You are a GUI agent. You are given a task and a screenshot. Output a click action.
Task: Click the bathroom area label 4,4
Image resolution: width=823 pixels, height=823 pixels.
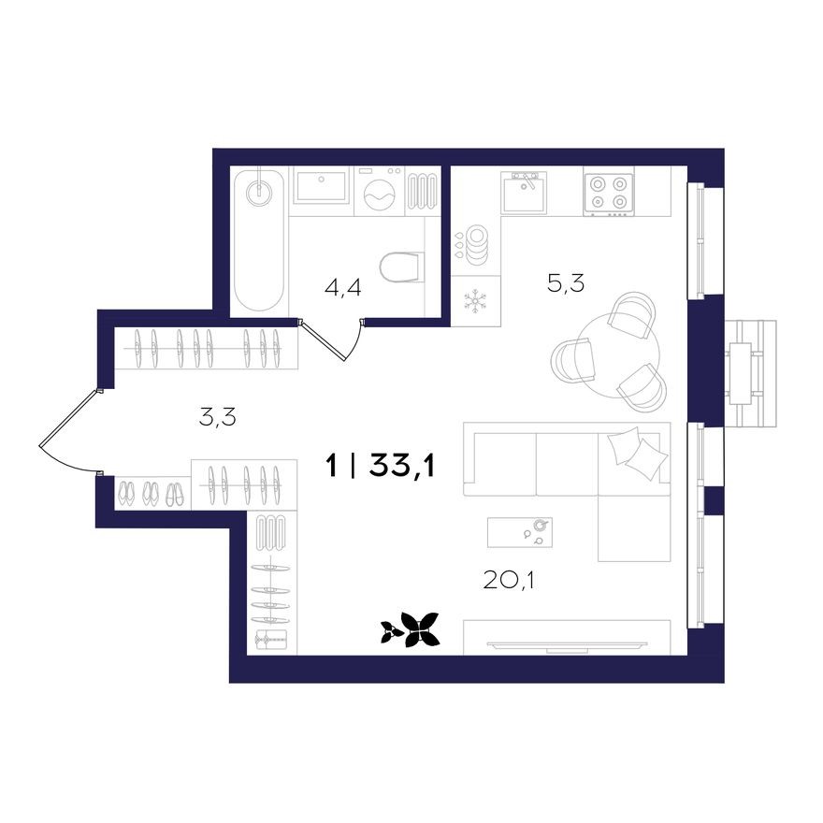click(x=342, y=287)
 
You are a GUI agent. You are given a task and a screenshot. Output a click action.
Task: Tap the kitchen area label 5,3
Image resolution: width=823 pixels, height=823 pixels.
click(x=565, y=282)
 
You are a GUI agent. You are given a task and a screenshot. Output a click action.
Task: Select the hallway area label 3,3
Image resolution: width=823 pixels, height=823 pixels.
click(x=217, y=417)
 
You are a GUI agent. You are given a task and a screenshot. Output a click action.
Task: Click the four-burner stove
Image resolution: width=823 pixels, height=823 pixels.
click(x=608, y=192)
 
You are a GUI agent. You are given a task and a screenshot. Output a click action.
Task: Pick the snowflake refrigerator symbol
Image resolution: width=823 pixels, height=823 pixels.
click(x=475, y=301)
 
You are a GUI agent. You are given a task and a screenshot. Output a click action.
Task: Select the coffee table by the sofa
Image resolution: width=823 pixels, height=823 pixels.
click(x=520, y=532)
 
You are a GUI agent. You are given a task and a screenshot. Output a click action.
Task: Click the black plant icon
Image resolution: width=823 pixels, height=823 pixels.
click(x=411, y=629)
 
